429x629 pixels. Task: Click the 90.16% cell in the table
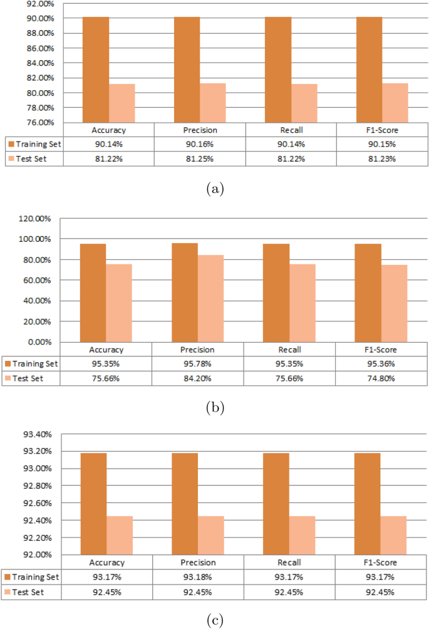click(x=200, y=144)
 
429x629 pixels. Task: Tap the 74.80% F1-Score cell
click(x=381, y=378)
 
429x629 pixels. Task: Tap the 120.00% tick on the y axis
click(x=38, y=219)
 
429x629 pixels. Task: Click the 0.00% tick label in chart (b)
click(x=42, y=342)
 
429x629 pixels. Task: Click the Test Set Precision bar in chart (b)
click(x=211, y=298)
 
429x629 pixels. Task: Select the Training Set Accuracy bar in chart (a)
click(x=96, y=69)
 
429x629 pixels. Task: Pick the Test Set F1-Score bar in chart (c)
click(x=394, y=535)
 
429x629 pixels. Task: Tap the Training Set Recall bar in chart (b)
click(x=276, y=293)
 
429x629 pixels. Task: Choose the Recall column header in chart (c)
click(x=290, y=563)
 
